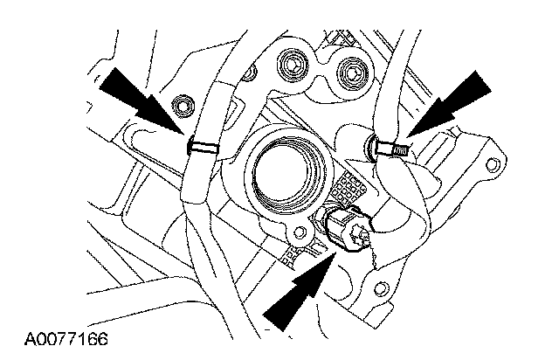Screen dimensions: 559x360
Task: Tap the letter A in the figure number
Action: coord(30,336)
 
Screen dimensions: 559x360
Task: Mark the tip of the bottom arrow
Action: coord(333,248)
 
